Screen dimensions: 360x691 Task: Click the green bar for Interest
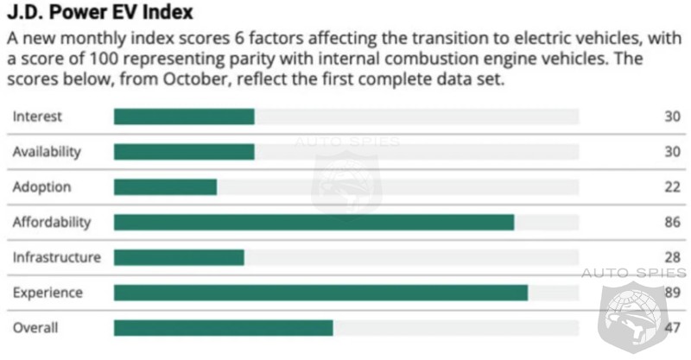tap(184, 117)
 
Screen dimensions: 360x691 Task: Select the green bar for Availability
tap(184, 152)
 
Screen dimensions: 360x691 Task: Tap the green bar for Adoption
tap(165, 187)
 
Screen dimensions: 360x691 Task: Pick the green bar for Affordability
tap(314, 223)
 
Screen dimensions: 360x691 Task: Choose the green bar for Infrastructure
tap(179, 257)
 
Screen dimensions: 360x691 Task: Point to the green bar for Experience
tap(320, 293)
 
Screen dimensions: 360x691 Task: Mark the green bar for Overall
tap(223, 328)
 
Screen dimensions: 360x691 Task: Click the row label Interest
tap(37, 117)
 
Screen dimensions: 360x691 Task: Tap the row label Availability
tap(47, 152)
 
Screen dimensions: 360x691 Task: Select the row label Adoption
tap(41, 187)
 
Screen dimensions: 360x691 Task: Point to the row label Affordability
tap(51, 223)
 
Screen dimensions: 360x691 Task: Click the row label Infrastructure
tap(56, 257)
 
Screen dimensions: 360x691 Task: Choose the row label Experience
tap(48, 293)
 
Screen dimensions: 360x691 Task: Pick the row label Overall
tap(35, 328)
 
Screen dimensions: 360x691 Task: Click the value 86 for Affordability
tap(672, 223)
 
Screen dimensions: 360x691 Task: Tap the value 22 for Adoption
tap(672, 187)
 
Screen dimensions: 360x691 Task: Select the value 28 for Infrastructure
tap(672, 257)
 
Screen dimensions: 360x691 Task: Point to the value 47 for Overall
tap(672, 328)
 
